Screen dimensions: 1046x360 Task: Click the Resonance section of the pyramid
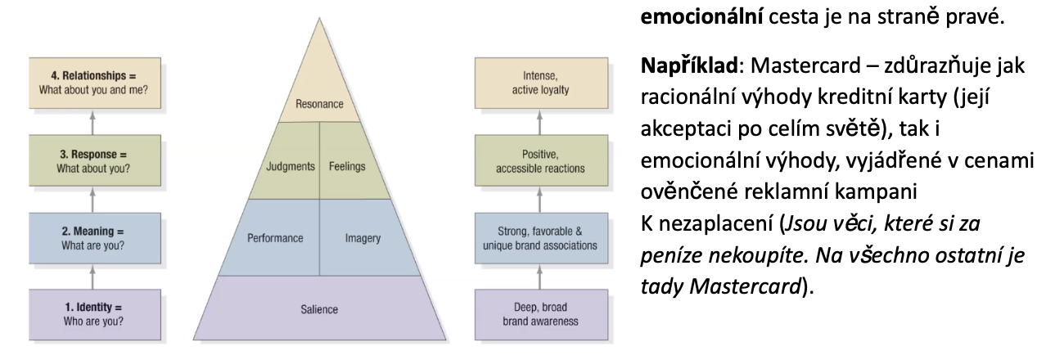pos(319,104)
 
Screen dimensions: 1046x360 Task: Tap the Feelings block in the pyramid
pos(347,166)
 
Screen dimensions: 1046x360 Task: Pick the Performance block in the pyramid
pos(275,238)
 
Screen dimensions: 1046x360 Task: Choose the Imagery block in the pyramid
pos(362,238)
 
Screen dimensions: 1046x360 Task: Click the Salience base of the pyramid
pos(319,309)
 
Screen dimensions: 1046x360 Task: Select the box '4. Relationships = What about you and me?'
pos(92,84)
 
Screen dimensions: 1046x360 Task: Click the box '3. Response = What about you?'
pos(92,161)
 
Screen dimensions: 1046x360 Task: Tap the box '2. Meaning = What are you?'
pos(92,237)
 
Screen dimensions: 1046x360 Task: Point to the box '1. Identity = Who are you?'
pos(92,314)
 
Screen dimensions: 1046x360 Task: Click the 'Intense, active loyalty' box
pos(540,84)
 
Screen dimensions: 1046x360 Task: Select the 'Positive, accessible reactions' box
pos(540,161)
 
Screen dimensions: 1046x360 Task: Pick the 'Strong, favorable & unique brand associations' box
pos(540,237)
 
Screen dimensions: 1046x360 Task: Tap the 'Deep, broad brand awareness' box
pos(540,314)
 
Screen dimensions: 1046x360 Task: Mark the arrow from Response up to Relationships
pos(92,123)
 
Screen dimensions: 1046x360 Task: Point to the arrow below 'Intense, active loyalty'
pos(540,123)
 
